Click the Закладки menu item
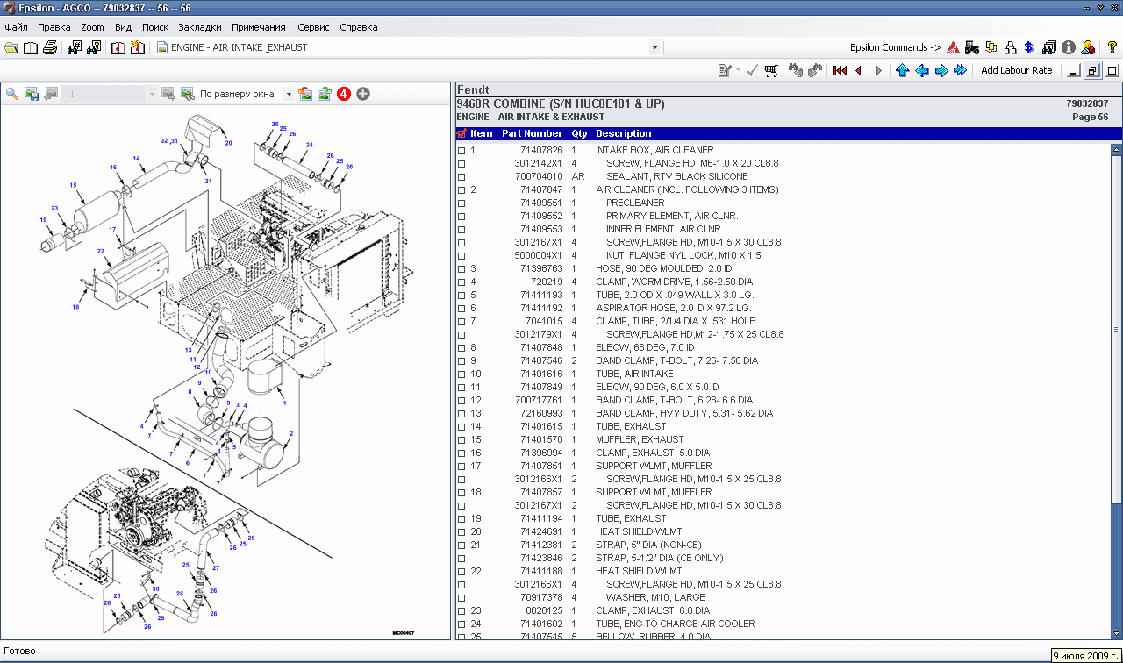tap(200, 27)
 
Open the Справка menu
tap(358, 27)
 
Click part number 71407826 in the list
tap(540, 150)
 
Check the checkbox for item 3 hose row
tap(461, 269)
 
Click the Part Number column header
tap(532, 133)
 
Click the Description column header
tap(623, 133)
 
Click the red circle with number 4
tap(344, 94)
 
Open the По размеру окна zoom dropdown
tap(290, 94)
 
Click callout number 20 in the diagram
tap(228, 143)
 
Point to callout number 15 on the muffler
tap(73, 185)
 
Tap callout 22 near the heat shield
tap(101, 252)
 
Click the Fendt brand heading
tap(473, 90)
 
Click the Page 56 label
tap(1090, 117)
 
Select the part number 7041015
tap(544, 321)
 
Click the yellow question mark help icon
tap(1112, 47)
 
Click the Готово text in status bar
tap(19, 652)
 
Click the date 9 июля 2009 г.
tap(1085, 655)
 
